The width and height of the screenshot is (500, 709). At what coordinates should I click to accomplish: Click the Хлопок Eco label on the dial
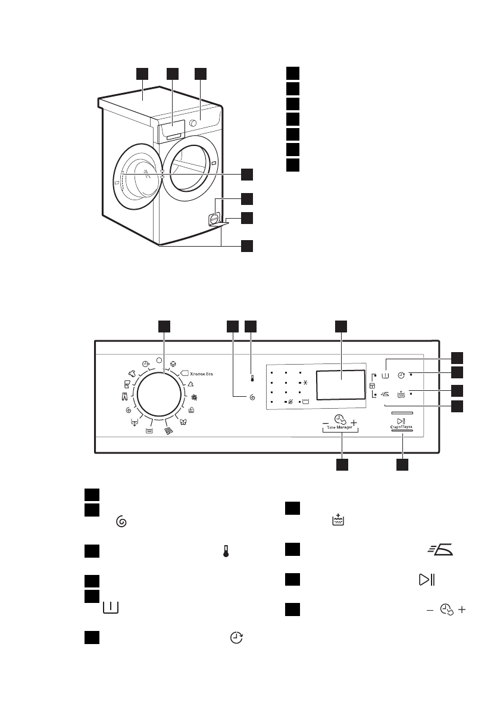click(201, 373)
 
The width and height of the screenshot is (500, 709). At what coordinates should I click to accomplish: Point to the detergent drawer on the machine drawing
click(173, 130)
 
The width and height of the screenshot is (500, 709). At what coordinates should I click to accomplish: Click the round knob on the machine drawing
click(193, 123)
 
